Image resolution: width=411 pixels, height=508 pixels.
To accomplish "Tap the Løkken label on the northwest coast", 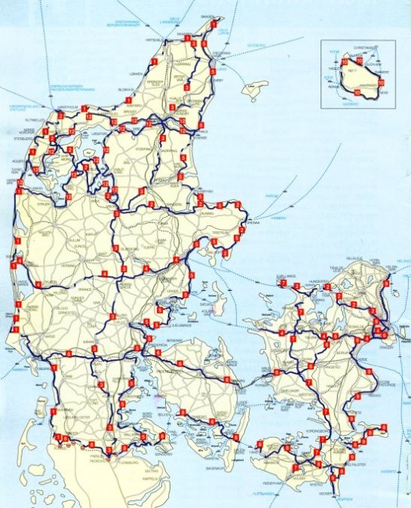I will [x=136, y=74].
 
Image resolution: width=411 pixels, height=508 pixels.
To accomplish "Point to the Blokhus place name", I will [x=126, y=90].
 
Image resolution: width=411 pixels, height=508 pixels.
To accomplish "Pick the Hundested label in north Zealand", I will [x=302, y=278].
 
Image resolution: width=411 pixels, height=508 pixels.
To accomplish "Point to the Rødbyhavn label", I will [x=274, y=482].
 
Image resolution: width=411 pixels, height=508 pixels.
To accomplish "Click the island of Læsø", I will [x=259, y=86].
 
